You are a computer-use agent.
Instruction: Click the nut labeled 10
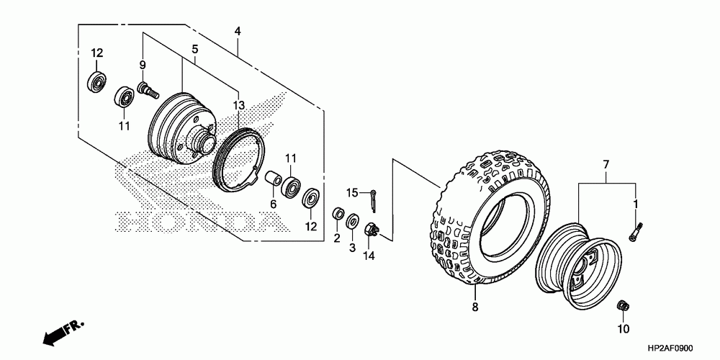623,306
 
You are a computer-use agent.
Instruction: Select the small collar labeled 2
336,215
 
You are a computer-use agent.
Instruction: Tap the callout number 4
238,31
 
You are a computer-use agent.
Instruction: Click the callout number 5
194,49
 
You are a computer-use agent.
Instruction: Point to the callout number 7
606,166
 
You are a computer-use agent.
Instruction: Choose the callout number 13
239,106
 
